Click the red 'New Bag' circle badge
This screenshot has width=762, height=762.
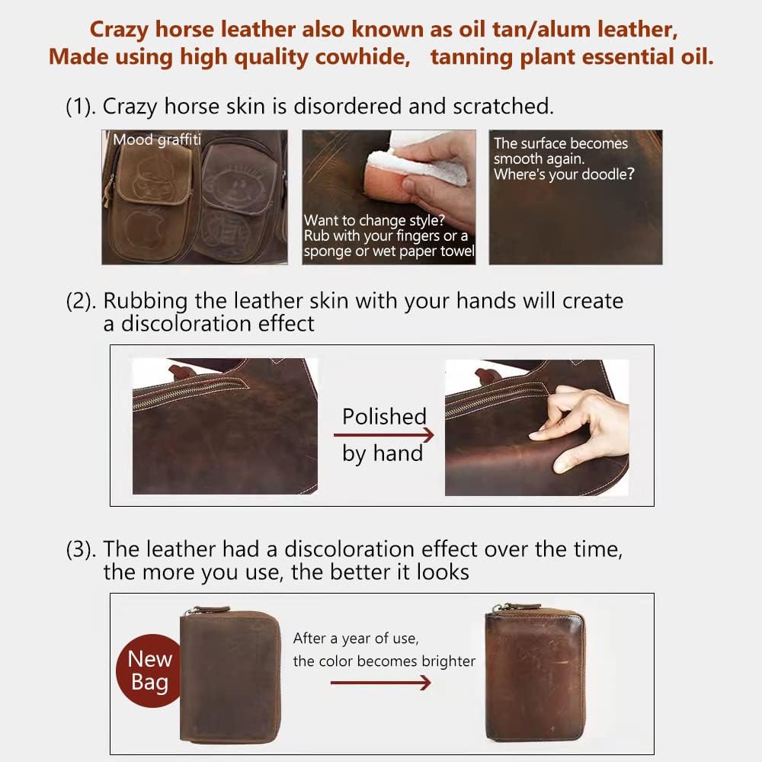pyautogui.click(x=149, y=670)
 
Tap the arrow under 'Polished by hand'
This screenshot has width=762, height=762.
pyautogui.click(x=383, y=435)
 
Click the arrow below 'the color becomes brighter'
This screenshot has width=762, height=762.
pyautogui.click(x=380, y=683)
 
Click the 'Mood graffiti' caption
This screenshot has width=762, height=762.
pyautogui.click(x=156, y=140)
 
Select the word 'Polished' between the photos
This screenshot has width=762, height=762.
pyautogui.click(x=383, y=417)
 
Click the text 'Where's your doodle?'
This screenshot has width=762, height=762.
pyautogui.click(x=564, y=174)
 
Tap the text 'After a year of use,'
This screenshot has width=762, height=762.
pyautogui.click(x=356, y=638)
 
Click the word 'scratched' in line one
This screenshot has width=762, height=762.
pyautogui.click(x=502, y=107)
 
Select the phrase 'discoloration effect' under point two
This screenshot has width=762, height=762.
pyautogui.click(x=209, y=323)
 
